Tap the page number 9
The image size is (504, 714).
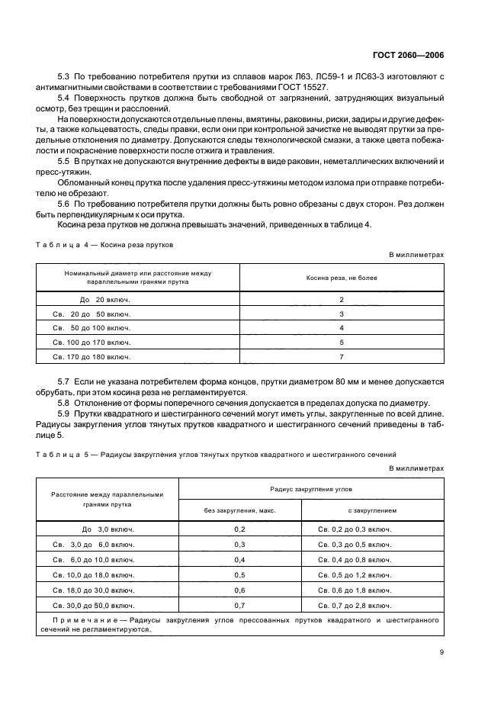441,652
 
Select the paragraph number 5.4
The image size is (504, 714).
64,100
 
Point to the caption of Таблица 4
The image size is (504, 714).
104,246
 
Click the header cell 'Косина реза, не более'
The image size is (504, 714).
342,278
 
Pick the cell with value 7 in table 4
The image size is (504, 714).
342,356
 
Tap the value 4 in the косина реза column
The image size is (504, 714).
342,328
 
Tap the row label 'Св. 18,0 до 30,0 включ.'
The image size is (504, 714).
94,589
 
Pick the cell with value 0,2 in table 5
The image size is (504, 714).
239,529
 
